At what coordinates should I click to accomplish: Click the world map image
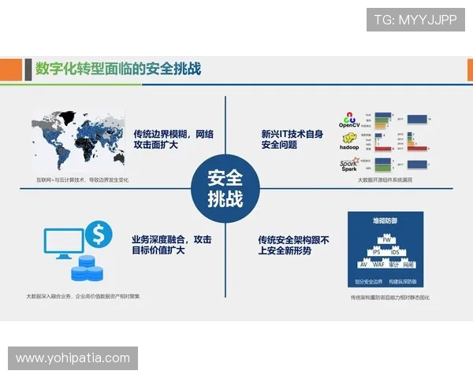78,143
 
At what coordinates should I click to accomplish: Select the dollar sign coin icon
99,232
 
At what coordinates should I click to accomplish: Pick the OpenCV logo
349,121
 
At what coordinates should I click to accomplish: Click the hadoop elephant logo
349,143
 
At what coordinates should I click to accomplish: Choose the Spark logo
349,165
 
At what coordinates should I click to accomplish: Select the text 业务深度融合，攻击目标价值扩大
171,244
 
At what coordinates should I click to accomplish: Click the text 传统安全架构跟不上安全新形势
294,244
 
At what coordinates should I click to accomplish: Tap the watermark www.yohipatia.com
73,358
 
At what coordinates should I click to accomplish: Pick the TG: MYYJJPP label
415,19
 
